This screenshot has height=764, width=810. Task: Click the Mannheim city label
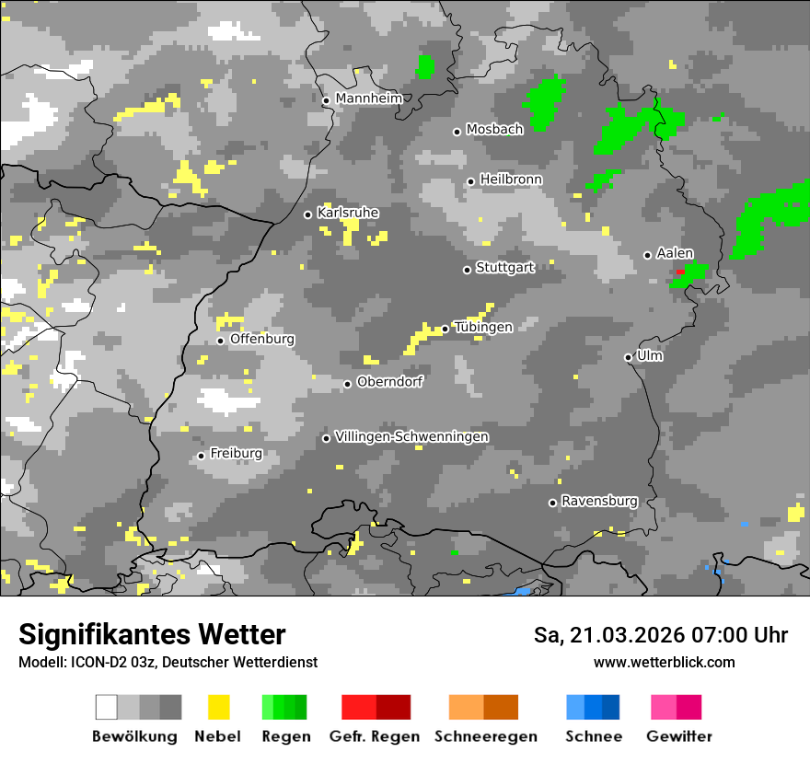coord(368,98)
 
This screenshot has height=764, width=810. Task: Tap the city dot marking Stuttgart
coord(467,270)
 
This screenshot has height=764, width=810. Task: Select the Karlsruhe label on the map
coord(347,213)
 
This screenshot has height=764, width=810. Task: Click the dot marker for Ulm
coord(629,357)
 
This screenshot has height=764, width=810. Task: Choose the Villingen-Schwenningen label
coord(411,436)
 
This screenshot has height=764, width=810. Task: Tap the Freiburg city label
coord(236,454)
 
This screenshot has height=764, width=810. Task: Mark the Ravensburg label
coord(599,502)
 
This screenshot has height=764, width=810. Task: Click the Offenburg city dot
coord(221,341)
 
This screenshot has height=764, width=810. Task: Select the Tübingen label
coord(483,327)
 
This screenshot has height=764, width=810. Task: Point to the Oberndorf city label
coord(389,382)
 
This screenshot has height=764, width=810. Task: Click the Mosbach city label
coord(494,130)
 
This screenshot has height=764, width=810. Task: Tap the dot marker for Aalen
coord(648,255)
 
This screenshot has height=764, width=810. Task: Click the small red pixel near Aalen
coord(680,272)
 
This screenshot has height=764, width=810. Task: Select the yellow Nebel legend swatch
coord(218,707)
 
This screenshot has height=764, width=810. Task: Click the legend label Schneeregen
coord(485,736)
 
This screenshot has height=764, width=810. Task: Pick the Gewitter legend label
coord(678,736)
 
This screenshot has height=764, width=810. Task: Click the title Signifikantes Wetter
coord(152,634)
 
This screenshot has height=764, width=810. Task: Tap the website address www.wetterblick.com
coord(664,662)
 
